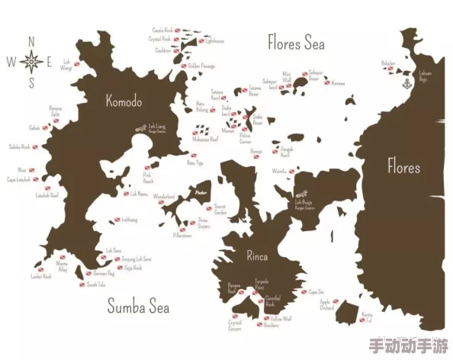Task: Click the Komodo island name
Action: coord(124,100)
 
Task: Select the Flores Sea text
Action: coord(296,42)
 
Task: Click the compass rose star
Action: coord(31,60)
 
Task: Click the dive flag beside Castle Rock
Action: coord(176,31)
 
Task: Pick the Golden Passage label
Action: coord(201,66)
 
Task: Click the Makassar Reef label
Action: coord(205,140)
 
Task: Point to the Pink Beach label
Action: coord(148,179)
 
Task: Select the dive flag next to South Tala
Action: coord(82,284)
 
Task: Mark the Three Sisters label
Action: coord(203,223)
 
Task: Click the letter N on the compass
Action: coord(31,41)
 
